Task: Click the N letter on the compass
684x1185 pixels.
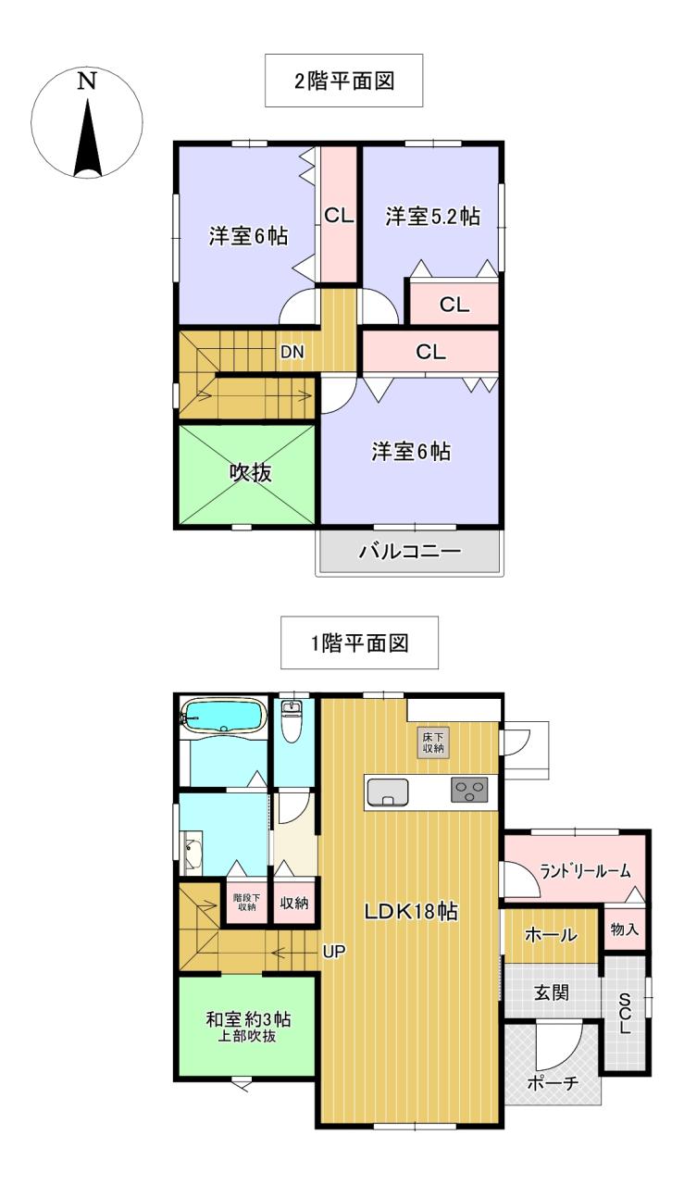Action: click(87, 81)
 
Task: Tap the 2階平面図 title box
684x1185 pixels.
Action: click(344, 81)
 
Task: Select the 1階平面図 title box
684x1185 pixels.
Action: click(359, 642)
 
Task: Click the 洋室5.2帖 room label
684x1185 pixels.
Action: click(433, 217)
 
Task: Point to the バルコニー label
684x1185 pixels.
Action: click(411, 552)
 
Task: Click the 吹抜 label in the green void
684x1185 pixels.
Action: click(250, 472)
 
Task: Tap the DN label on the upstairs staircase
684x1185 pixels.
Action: click(292, 352)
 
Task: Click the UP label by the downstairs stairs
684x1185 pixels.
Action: click(334, 951)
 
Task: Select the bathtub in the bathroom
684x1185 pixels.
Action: click(224, 717)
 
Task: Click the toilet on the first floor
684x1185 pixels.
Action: click(291, 721)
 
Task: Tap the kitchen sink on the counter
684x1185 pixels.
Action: click(388, 792)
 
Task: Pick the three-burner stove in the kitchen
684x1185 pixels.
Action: click(470, 791)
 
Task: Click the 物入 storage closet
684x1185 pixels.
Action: click(624, 929)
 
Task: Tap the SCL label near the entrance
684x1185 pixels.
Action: click(625, 1013)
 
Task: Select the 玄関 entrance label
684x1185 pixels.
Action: click(552, 992)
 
